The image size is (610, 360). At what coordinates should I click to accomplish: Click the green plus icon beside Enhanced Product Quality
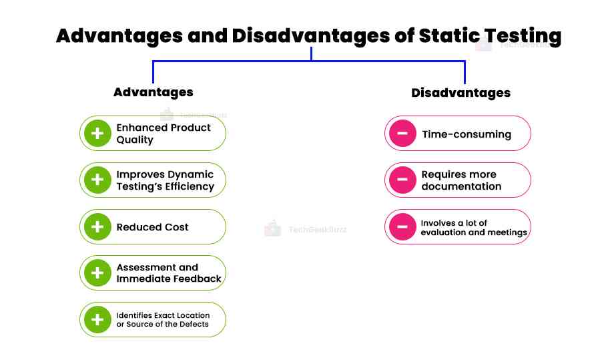[x=97, y=134]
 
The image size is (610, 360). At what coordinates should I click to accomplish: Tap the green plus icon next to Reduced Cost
[x=97, y=227]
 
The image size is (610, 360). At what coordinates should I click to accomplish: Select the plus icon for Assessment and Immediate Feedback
[x=97, y=273]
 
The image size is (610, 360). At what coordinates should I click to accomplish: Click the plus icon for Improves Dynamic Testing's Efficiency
[x=97, y=180]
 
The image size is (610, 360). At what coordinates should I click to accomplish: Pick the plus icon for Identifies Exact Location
[x=97, y=320]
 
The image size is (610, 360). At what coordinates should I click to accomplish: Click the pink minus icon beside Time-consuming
[x=402, y=134]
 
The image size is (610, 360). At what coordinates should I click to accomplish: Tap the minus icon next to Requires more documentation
[x=402, y=180]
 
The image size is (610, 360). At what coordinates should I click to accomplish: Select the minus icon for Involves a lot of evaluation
[x=402, y=227]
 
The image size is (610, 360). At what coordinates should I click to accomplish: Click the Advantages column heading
[x=153, y=92]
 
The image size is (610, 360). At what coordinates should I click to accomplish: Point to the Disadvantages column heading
[x=461, y=93]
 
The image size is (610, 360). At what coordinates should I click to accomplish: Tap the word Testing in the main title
[x=524, y=37]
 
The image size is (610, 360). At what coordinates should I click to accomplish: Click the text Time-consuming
[x=466, y=134]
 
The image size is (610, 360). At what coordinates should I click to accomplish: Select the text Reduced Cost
[x=152, y=227]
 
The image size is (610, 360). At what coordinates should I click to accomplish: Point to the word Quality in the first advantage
[x=135, y=140]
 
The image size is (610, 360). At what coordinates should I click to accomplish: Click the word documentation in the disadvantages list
[x=461, y=186]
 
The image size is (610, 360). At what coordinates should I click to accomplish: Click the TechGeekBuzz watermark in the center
[x=317, y=229]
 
